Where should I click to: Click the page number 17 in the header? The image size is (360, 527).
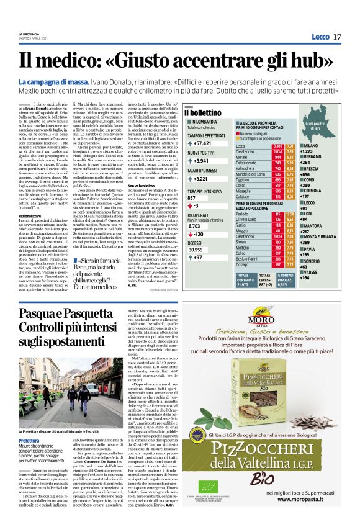click(x=337, y=37)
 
